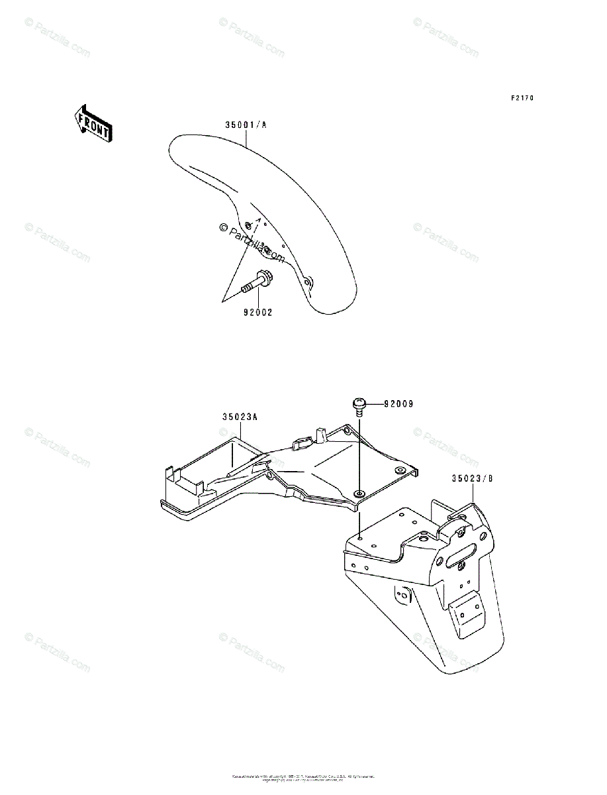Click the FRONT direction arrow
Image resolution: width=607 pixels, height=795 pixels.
[x=93, y=123]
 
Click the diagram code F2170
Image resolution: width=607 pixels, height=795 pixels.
[x=522, y=98]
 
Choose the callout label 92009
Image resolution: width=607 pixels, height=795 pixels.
[x=398, y=403]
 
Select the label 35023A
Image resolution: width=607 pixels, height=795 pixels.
[x=240, y=417]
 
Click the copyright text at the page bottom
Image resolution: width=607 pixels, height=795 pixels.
[x=303, y=776]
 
